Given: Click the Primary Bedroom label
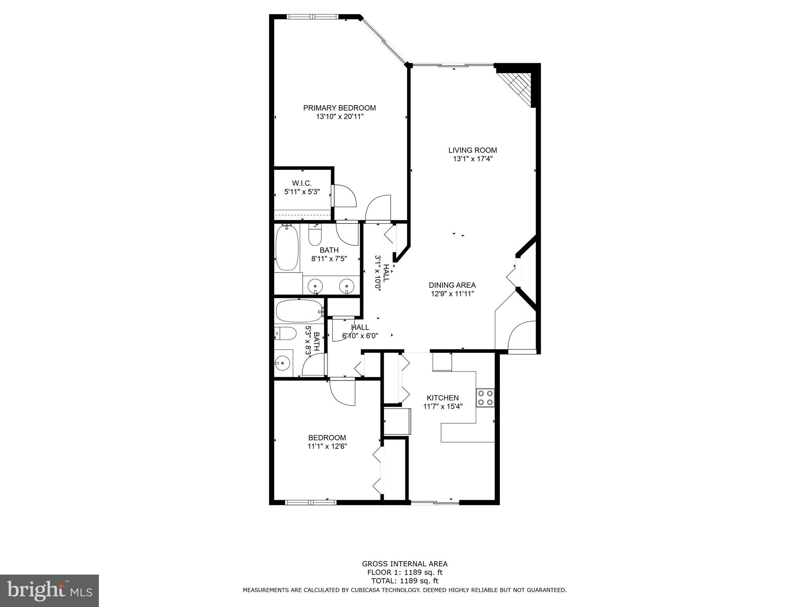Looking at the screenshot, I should pyautogui.click(x=339, y=108).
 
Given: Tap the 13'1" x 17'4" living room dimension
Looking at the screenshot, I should pyautogui.click(x=473, y=159).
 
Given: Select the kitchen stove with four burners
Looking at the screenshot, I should pyautogui.click(x=485, y=398).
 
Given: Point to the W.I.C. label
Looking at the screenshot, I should pyautogui.click(x=302, y=183).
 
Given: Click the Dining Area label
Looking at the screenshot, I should pyautogui.click(x=452, y=285).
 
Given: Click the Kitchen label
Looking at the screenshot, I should pyautogui.click(x=443, y=398).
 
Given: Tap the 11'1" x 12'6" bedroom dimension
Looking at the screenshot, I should pyautogui.click(x=327, y=446).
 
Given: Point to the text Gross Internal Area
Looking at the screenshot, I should pyautogui.click(x=405, y=564).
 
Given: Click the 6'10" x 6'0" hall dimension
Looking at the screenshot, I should pyautogui.click(x=360, y=336).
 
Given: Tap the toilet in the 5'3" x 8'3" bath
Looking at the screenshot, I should pyautogui.click(x=285, y=334).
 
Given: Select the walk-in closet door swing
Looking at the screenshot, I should pyautogui.click(x=345, y=196).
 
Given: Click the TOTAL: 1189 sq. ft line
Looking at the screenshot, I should pyautogui.click(x=405, y=581).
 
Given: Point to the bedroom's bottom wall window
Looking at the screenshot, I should pyautogui.click(x=311, y=502).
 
